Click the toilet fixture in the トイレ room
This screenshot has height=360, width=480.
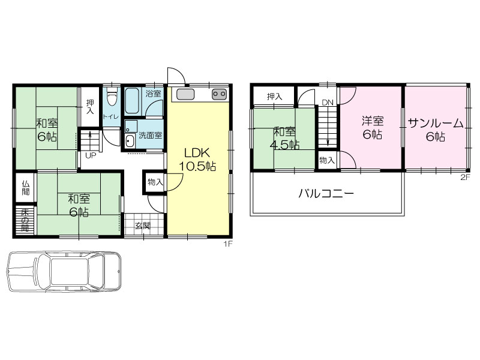112,97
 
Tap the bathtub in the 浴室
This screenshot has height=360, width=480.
133,101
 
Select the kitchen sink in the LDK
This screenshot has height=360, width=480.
185,95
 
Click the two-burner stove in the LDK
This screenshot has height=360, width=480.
219,94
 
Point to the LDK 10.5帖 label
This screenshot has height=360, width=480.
197,160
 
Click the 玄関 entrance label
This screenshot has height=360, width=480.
143,226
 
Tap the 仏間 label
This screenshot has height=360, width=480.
26,188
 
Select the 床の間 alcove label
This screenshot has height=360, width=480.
25,220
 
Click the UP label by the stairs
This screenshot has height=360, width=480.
91,155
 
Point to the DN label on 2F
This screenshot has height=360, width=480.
327,103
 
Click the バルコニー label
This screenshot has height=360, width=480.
326,193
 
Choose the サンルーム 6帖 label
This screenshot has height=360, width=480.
436,130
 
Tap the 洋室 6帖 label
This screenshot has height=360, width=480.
373,127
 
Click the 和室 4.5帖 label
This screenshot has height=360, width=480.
284,138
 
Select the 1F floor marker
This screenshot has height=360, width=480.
229,244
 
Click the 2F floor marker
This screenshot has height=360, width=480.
464,178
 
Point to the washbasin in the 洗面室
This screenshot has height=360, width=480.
130,141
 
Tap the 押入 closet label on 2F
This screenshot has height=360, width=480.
274,97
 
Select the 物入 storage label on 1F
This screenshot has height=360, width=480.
155,182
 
